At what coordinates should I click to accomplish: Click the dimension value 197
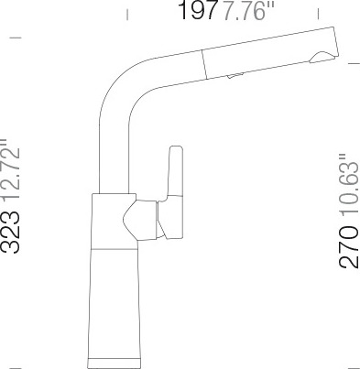(198, 10)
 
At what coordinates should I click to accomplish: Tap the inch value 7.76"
(247, 11)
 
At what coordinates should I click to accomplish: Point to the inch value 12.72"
(10, 170)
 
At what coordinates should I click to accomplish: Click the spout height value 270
(349, 246)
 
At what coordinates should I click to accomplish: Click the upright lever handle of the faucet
(174, 192)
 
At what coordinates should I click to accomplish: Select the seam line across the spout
(204, 64)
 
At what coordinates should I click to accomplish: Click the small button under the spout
(235, 75)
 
